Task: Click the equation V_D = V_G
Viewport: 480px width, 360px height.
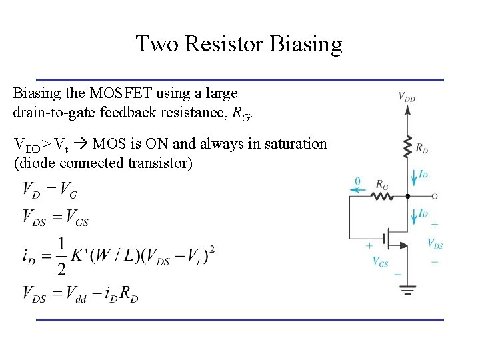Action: click(50, 191)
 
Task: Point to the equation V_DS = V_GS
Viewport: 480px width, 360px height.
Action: click(55, 217)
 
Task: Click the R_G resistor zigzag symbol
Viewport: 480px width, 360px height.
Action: click(382, 197)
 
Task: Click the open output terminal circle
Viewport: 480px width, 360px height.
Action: click(435, 197)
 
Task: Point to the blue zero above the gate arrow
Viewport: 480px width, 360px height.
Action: click(357, 181)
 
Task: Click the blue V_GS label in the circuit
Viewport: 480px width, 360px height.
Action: click(380, 261)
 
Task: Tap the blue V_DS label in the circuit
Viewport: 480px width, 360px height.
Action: click(435, 243)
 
